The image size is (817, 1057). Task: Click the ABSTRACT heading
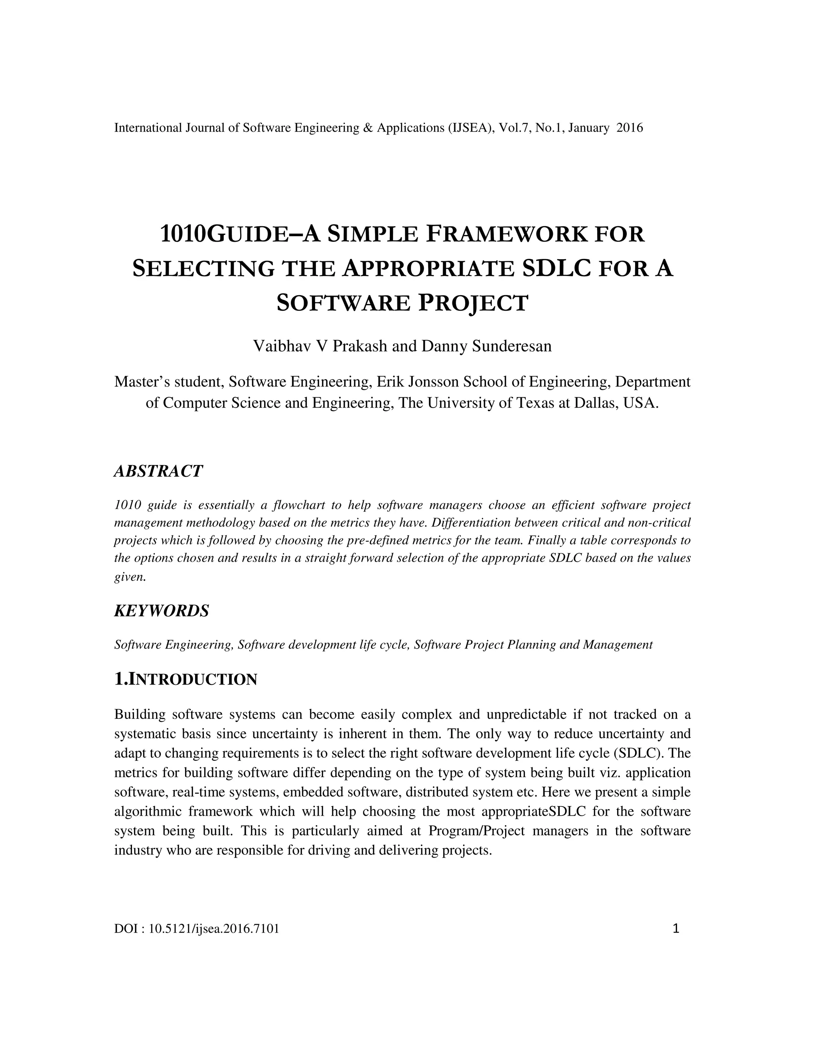pos(158,471)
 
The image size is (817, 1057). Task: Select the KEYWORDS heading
pos(162,611)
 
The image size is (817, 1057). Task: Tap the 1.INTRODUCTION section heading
pos(186,680)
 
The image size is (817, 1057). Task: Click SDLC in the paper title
pos(557,269)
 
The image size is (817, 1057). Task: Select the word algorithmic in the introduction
pos(148,812)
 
